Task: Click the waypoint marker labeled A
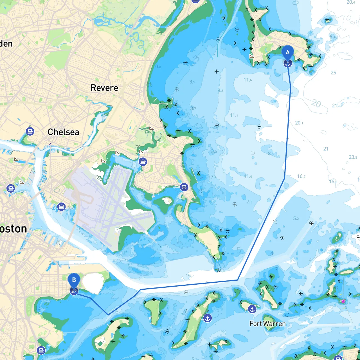[x=287, y=53]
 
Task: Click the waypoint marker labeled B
[x=74, y=280]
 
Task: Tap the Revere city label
[x=104, y=88]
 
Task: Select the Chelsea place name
[x=63, y=132]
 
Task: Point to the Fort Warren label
[x=267, y=324]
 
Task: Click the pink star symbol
[x=343, y=301]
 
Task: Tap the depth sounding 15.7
[x=190, y=276]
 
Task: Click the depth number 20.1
[x=299, y=123]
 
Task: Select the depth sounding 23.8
[x=353, y=157]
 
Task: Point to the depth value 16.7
[x=301, y=176]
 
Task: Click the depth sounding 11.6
[x=247, y=80]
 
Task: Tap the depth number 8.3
[x=220, y=90]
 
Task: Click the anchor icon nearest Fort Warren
[x=252, y=309]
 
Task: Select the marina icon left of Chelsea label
[x=30, y=131]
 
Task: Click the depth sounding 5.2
[x=296, y=218]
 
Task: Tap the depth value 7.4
[x=213, y=177]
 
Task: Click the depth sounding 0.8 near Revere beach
[x=158, y=67]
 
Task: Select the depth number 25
[x=333, y=73]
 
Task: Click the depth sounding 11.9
[x=248, y=176]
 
